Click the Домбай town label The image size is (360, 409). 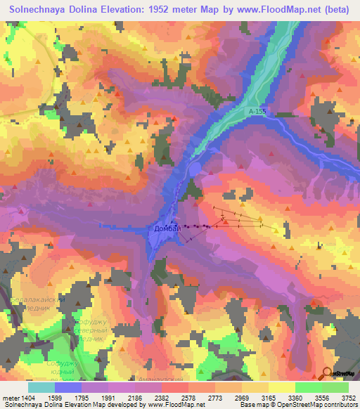167,228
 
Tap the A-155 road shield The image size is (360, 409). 257,112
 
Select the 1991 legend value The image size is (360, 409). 109,397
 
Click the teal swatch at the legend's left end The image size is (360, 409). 41,387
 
